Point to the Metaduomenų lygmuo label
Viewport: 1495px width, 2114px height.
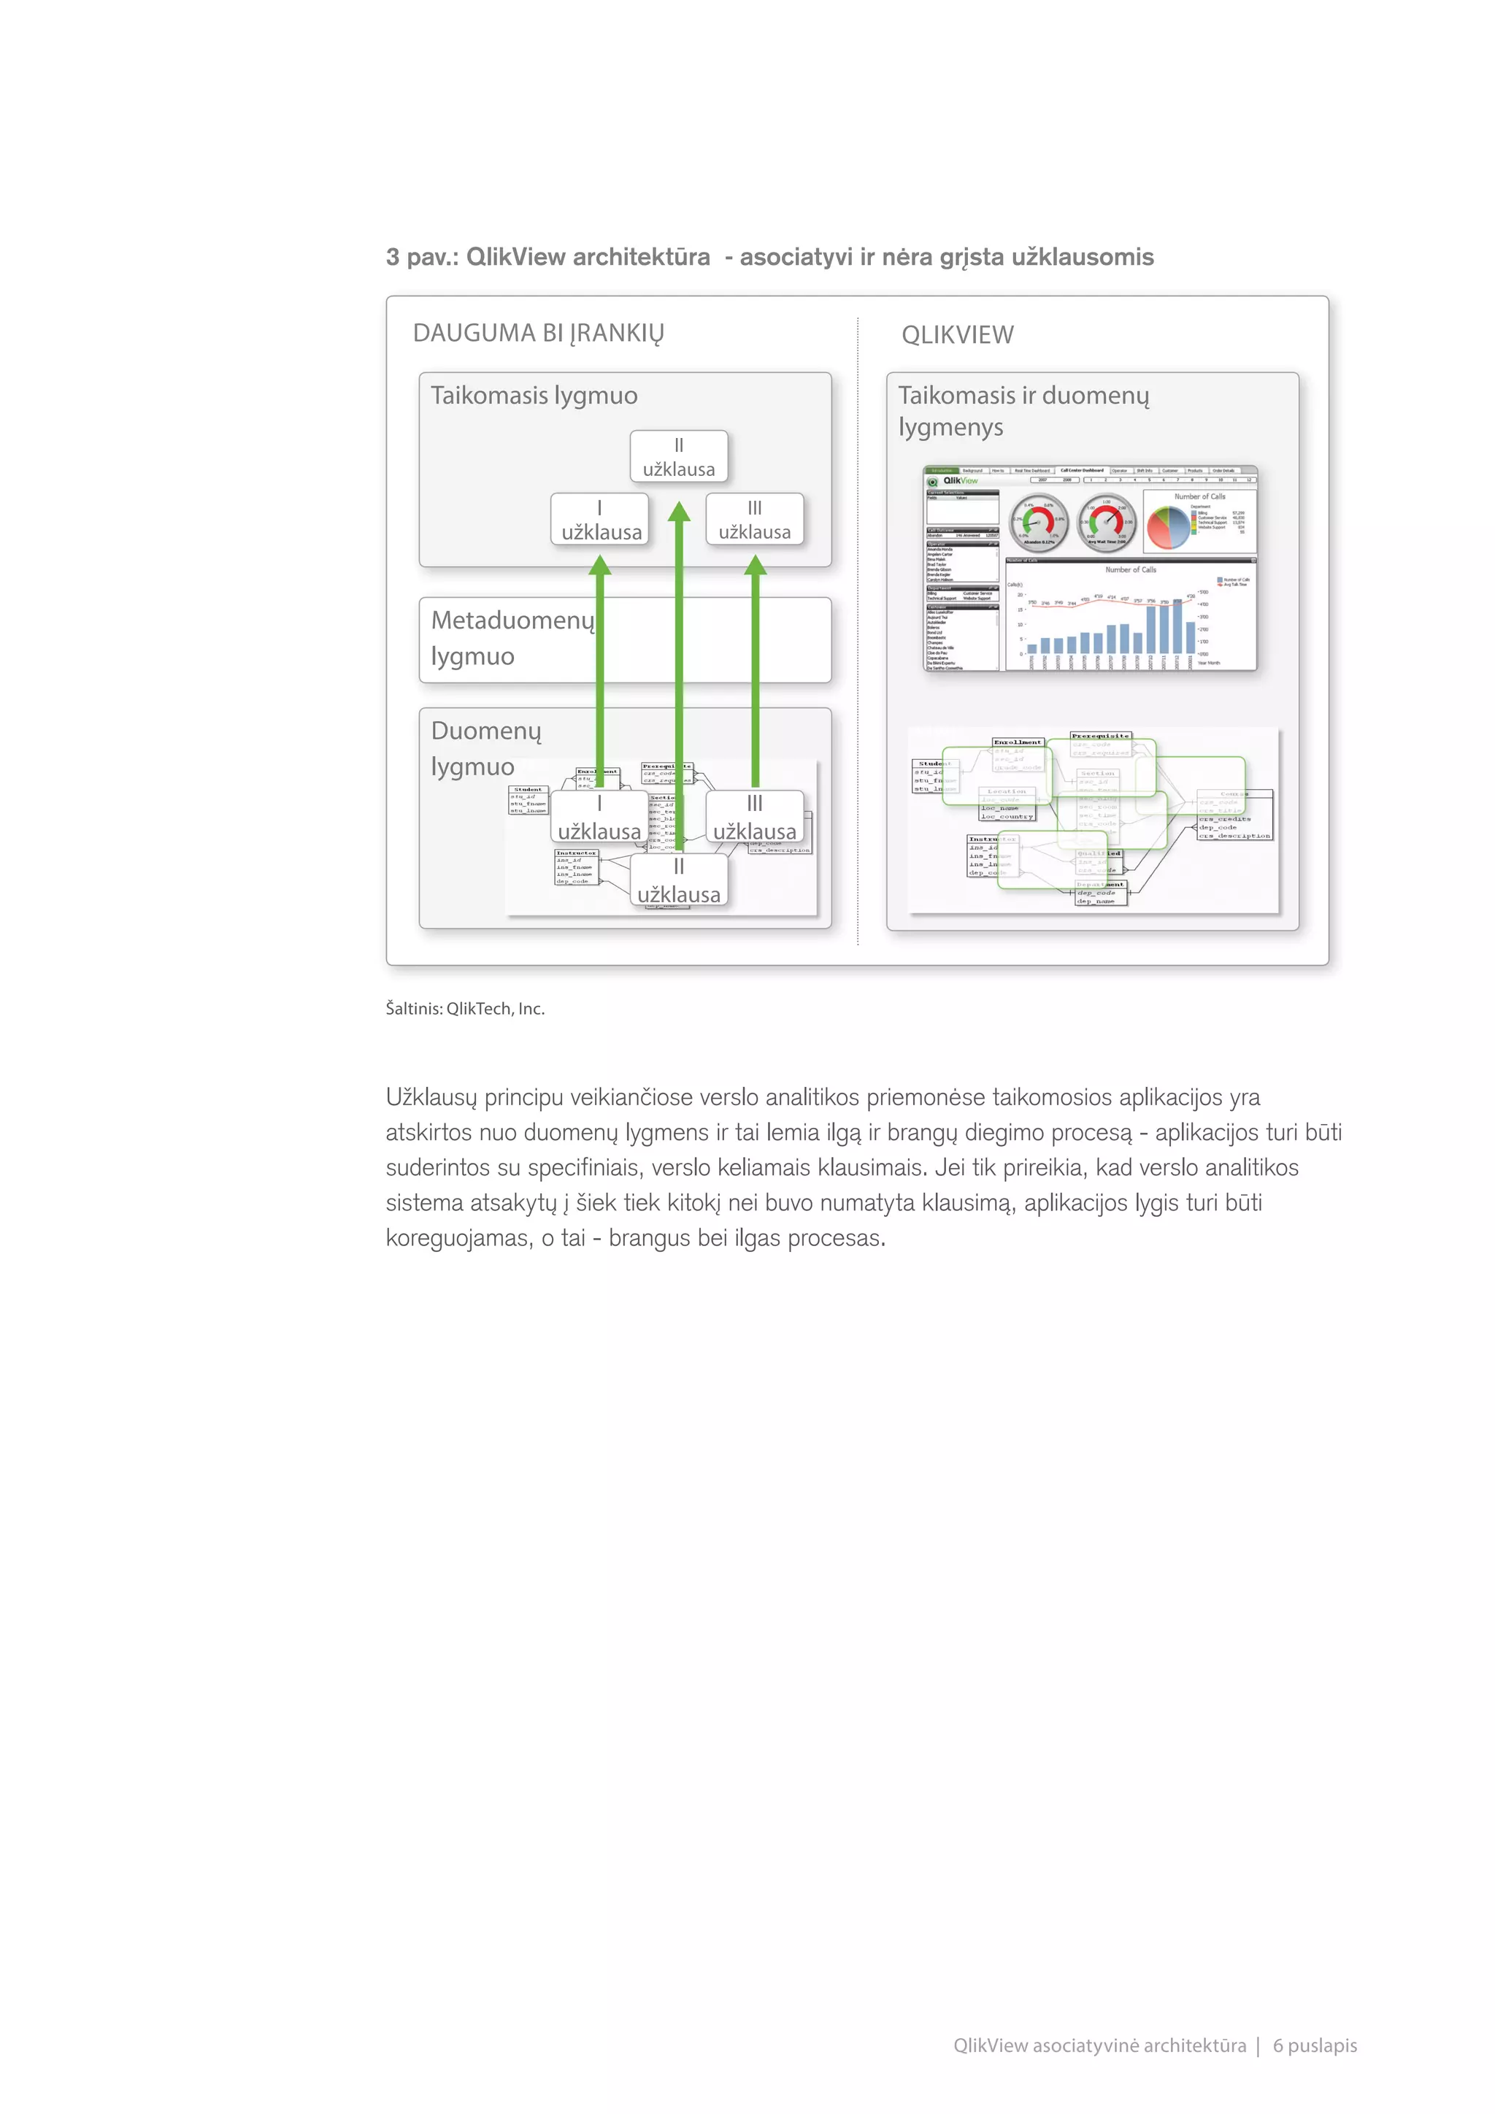(x=512, y=637)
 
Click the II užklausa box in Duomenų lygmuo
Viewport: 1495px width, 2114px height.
(x=678, y=881)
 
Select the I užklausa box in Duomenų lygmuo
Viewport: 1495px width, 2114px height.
(x=599, y=818)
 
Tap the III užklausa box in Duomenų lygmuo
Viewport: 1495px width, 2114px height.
(x=754, y=818)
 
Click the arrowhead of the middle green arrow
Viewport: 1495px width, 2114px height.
(x=678, y=512)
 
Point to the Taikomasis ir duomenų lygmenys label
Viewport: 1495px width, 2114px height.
(x=1023, y=411)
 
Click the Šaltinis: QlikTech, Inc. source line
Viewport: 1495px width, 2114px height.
(x=465, y=1008)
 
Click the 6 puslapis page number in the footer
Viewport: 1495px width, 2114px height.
(x=1314, y=2045)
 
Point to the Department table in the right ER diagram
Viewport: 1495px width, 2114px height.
(x=1101, y=892)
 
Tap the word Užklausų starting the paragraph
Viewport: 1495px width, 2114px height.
(x=431, y=1097)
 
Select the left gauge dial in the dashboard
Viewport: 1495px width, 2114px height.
(x=1039, y=522)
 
